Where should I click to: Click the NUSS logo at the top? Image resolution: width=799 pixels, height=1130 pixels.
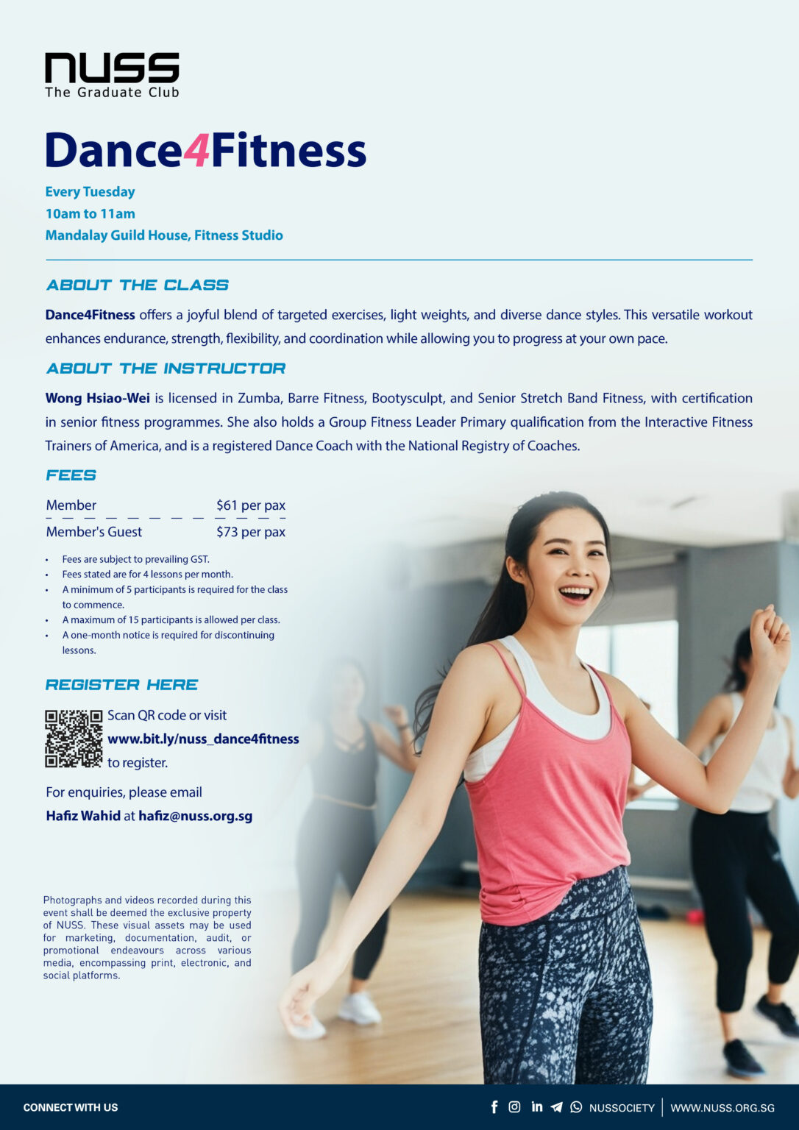[x=112, y=74]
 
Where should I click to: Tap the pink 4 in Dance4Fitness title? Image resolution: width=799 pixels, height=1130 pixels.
[x=196, y=151]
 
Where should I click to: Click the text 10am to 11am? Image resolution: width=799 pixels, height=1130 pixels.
[x=90, y=213]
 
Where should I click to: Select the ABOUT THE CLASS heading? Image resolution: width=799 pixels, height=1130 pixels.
[x=137, y=285]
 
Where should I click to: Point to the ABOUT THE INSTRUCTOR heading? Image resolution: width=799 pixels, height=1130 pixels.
[x=166, y=368]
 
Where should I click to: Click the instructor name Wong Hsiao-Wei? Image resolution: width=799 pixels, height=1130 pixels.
[x=97, y=398]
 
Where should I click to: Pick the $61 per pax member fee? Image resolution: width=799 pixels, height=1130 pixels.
[x=250, y=505]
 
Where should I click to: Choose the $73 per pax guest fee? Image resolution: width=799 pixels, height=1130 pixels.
[x=250, y=532]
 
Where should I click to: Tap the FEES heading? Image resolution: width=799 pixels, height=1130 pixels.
[x=71, y=475]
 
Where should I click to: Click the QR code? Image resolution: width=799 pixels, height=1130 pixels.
[x=74, y=739]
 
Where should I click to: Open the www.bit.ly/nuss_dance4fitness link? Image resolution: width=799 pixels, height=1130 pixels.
[x=203, y=739]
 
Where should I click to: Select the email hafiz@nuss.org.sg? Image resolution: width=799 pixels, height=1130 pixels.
[x=195, y=816]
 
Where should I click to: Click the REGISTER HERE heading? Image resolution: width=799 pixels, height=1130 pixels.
[x=121, y=685]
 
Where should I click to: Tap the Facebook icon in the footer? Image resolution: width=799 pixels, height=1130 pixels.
[x=494, y=1107]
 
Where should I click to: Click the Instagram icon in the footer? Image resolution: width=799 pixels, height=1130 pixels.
[x=515, y=1107]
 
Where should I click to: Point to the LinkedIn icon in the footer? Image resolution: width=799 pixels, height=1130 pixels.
[x=537, y=1107]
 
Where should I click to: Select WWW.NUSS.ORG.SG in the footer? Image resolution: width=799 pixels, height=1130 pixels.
[x=722, y=1108]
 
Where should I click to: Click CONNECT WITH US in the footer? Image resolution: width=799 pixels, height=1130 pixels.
[x=71, y=1108]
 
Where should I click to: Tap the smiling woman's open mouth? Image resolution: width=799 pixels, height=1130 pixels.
[x=575, y=592]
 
